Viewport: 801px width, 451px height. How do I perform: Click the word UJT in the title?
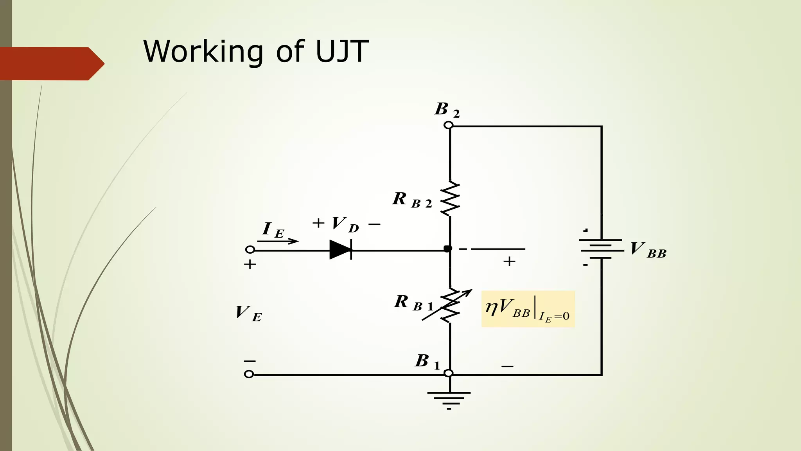point(342,51)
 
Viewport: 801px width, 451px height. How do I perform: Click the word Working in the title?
point(203,52)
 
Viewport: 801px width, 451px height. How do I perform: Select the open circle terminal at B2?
point(449,125)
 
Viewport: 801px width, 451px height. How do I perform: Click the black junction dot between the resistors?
point(448,249)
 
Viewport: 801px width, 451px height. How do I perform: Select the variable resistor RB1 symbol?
point(450,305)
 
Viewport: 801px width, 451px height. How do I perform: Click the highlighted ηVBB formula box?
point(528,309)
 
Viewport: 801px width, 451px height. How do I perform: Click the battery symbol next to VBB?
point(601,249)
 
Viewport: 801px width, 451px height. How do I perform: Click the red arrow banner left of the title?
point(51,64)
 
